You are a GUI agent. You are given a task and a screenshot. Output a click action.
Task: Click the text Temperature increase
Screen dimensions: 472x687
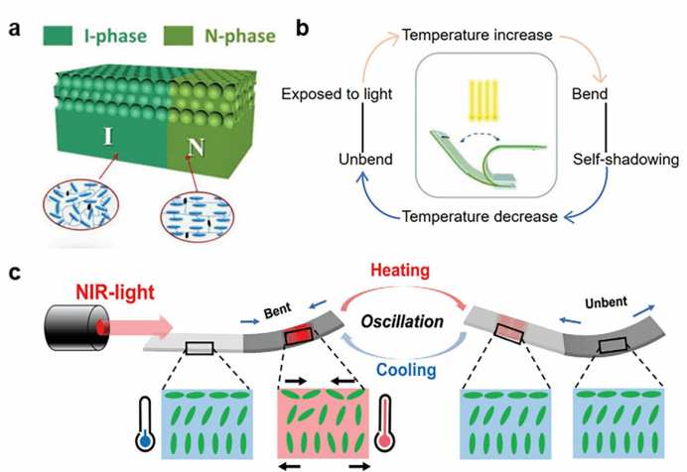click(476, 36)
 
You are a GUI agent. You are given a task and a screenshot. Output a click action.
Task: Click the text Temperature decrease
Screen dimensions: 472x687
click(476, 216)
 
